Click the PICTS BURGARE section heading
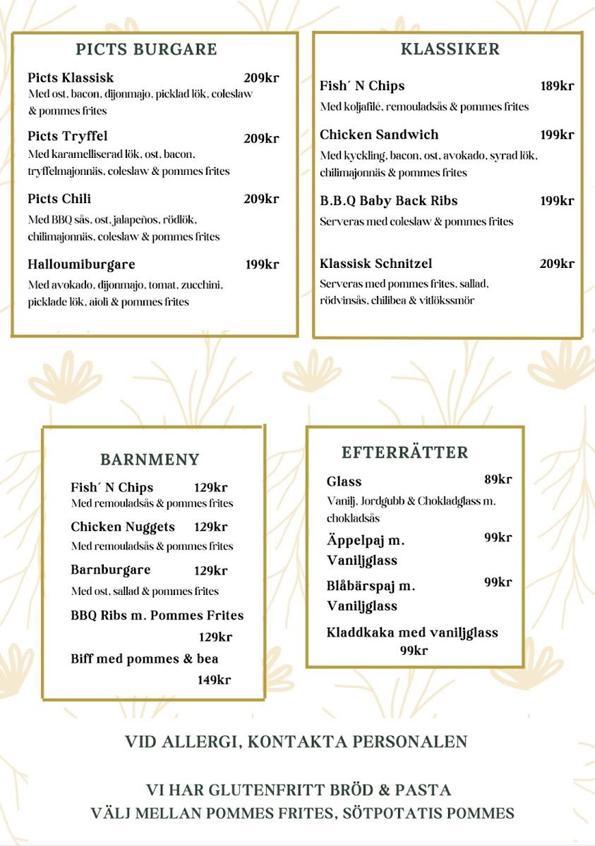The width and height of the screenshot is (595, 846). [146, 49]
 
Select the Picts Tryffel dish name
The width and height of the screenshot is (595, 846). [68, 136]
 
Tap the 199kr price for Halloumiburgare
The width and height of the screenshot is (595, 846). [262, 265]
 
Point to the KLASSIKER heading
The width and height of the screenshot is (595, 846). [450, 49]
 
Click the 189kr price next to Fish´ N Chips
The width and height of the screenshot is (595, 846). [557, 86]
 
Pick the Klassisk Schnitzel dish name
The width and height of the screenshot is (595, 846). [375, 264]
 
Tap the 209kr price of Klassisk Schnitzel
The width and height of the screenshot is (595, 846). [557, 264]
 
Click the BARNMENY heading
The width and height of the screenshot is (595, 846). [150, 460]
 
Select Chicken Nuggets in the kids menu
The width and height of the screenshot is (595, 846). [123, 527]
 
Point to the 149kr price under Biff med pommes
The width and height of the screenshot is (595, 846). [214, 680]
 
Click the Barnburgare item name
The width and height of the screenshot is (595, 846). [111, 570]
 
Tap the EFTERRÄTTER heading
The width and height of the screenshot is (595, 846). [404, 453]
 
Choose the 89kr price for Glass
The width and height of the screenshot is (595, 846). [498, 480]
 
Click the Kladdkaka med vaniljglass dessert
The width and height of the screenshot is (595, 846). [412, 632]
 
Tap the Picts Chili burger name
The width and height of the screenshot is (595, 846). [59, 199]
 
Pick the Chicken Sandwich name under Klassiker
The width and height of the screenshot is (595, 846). [379, 135]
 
